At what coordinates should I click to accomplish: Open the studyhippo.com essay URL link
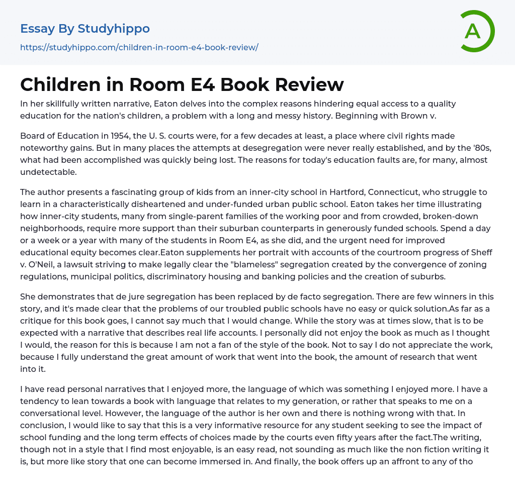pos(139,47)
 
